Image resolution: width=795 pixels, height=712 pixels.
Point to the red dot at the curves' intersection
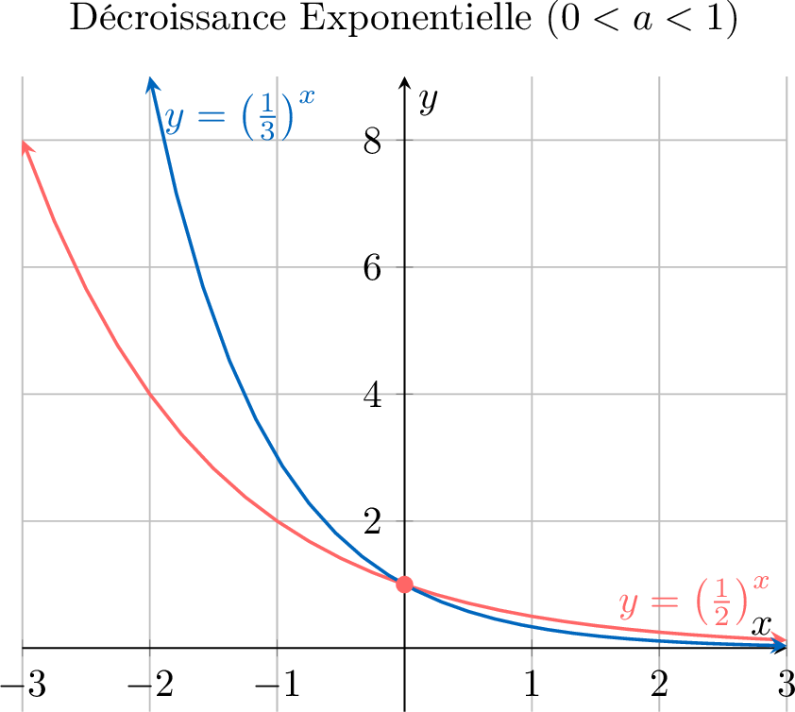point(404,584)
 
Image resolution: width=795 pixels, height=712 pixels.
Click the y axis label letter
point(430,100)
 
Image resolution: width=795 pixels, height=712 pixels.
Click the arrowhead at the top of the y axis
point(404,82)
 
